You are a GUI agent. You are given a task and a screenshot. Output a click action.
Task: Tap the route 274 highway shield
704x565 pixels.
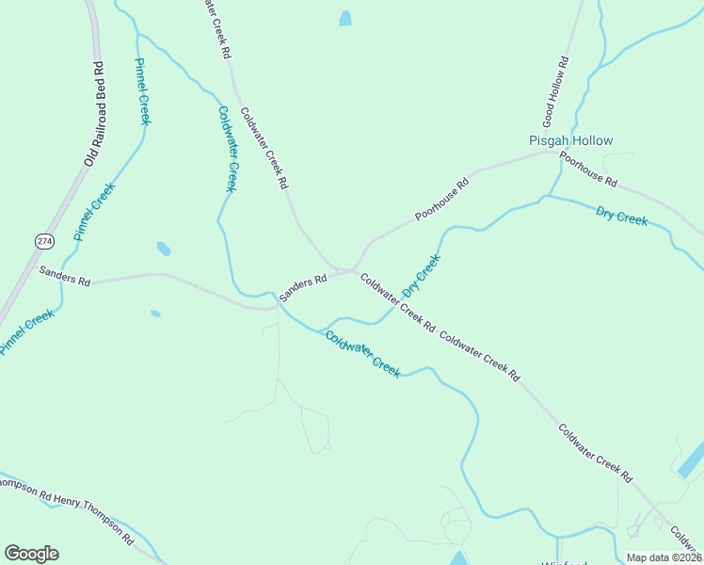pos(45,242)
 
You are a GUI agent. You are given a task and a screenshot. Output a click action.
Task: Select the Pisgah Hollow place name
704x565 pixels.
pos(570,140)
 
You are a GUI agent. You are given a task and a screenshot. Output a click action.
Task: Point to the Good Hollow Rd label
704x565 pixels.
pos(555,92)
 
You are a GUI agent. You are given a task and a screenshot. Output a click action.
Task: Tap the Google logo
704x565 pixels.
pos(31,554)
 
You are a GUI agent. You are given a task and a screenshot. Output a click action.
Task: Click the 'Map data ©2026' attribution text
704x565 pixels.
pos(664,557)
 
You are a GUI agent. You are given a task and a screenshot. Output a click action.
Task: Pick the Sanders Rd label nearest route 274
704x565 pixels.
pos(64,275)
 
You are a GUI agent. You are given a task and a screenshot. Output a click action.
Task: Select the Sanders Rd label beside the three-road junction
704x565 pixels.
pos(302,282)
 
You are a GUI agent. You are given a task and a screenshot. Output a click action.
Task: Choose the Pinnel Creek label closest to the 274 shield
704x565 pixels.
pos(94,211)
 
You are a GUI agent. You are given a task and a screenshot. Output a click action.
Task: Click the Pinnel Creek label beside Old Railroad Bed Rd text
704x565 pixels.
pos(143,91)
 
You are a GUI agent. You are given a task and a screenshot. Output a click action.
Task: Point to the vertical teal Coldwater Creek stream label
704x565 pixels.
pos(227,149)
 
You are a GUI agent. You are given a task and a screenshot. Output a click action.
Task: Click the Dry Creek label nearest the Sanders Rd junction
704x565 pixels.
pos(421,275)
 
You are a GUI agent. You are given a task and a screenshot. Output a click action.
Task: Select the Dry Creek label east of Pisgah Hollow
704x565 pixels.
pos(621,215)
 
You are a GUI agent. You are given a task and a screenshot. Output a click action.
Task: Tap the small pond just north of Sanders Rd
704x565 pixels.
pos(164,249)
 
